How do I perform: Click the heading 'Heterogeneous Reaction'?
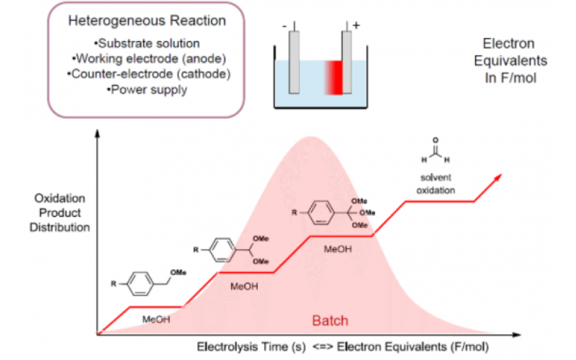coord(133,21)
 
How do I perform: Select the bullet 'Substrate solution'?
coord(134,45)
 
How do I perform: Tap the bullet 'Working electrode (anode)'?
coord(134,59)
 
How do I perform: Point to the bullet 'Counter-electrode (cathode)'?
coord(134,75)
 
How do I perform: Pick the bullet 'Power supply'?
coord(134,90)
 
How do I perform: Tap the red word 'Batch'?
coord(329,320)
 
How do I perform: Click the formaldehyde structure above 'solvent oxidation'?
coord(436,151)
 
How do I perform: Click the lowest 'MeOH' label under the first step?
coord(157,319)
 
